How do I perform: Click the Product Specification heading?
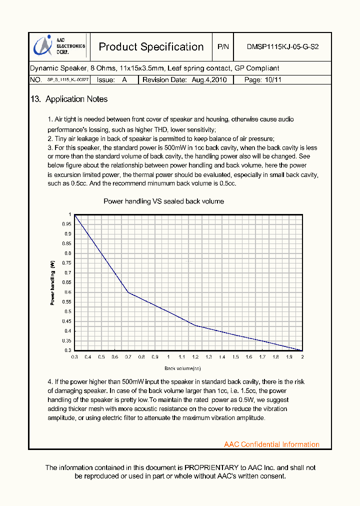point(151,47)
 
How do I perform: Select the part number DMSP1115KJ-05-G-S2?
point(282,47)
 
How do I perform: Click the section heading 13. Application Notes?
point(69,99)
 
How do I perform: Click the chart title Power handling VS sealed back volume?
point(163,201)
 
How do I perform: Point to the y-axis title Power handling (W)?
point(52,282)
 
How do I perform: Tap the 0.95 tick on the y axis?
point(67,224)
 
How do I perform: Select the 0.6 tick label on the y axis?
point(68,292)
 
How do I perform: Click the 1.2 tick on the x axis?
point(195,357)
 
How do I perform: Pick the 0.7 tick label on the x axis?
point(128,357)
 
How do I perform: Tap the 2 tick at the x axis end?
point(302,357)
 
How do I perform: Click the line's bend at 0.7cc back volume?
point(128,292)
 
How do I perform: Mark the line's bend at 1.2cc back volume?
point(195,325)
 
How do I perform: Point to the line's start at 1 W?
point(75,215)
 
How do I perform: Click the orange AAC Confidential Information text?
point(271,444)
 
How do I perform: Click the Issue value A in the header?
point(124,80)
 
